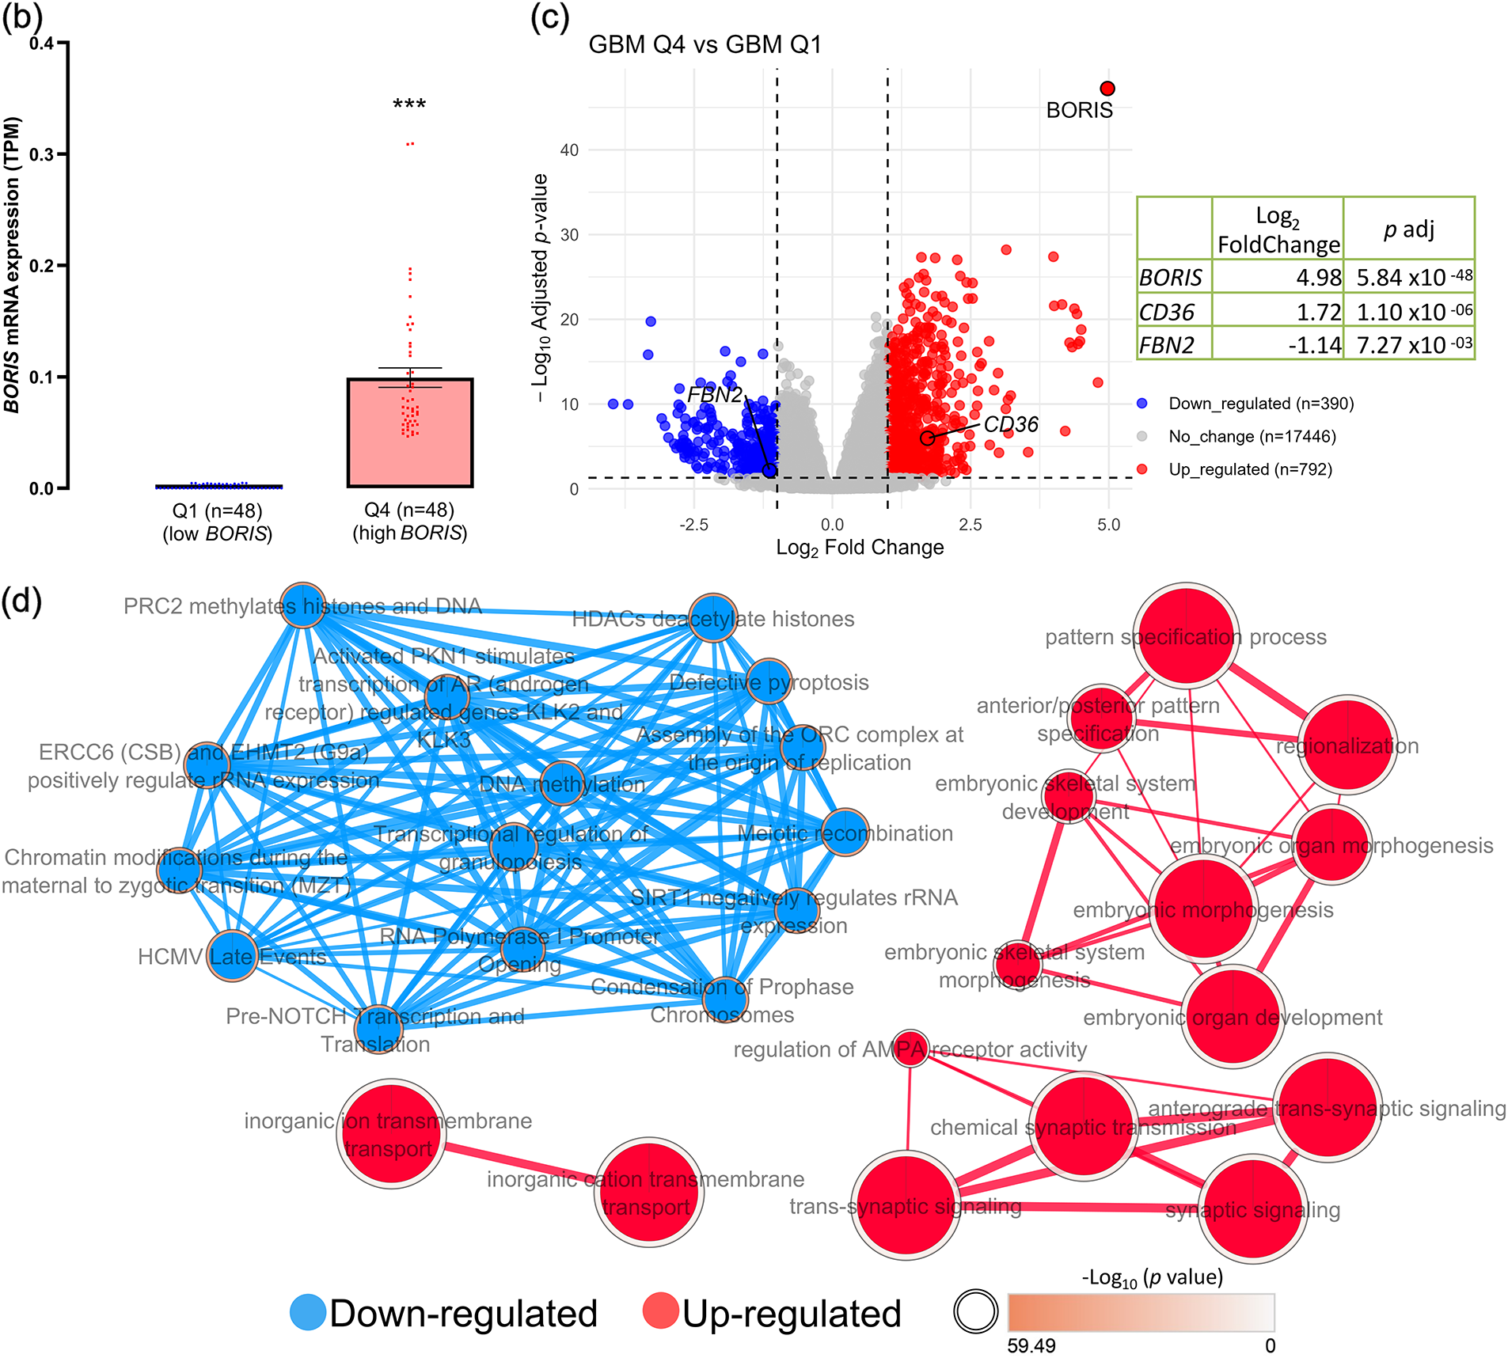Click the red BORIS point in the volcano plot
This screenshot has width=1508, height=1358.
coord(1107,89)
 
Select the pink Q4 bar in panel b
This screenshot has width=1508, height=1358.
coord(409,433)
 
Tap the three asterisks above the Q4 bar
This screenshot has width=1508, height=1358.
coord(409,104)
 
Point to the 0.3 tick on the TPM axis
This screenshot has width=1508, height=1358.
coord(42,154)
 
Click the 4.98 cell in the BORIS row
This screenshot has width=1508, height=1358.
coord(1318,278)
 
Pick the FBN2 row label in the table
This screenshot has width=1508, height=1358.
coord(1167,346)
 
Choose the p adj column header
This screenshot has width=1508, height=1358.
coord(1408,229)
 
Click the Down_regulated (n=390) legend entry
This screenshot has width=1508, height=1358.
coord(1260,404)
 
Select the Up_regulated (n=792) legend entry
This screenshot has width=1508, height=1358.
coord(1250,469)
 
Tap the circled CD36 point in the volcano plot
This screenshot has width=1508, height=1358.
coord(927,438)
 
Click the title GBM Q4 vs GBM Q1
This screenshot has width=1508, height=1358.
coord(705,44)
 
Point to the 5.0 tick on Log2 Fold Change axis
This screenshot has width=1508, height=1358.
coord(1108,525)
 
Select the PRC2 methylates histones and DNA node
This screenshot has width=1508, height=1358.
coord(303,605)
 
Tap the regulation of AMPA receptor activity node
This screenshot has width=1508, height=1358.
coord(910,1048)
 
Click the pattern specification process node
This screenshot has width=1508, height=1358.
coord(1186,635)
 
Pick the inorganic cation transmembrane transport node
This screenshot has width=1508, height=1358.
coord(648,1193)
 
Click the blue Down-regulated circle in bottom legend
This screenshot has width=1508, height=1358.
coord(308,1313)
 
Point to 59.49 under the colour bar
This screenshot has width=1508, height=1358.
coord(1031,1345)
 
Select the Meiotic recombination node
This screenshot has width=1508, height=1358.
coord(845,832)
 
